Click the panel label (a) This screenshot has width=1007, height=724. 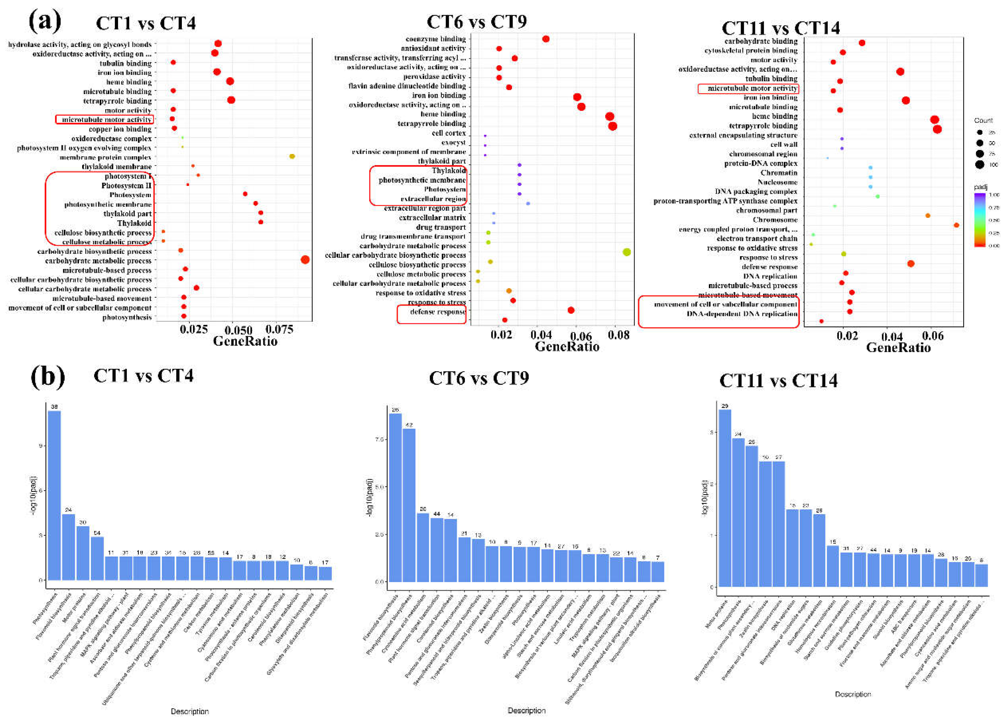point(44,21)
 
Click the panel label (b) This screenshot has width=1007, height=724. point(47,376)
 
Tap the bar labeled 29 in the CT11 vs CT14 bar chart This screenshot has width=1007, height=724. point(725,498)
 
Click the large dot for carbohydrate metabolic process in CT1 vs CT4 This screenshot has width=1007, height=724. point(305,260)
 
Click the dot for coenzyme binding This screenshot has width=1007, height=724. point(546,39)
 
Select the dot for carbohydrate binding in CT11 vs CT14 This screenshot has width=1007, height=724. point(862,43)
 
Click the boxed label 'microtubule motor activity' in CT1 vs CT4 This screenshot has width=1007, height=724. point(105,119)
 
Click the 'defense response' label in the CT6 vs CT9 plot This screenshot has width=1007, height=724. point(437,311)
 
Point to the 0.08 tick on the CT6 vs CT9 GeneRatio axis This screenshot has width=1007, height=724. point(618,335)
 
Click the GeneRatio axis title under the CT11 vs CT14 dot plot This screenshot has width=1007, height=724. point(898,347)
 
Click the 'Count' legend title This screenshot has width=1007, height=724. point(983,120)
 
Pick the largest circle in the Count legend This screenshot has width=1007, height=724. point(980,165)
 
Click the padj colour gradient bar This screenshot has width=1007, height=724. point(980,220)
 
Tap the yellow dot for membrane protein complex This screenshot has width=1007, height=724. point(292,156)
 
